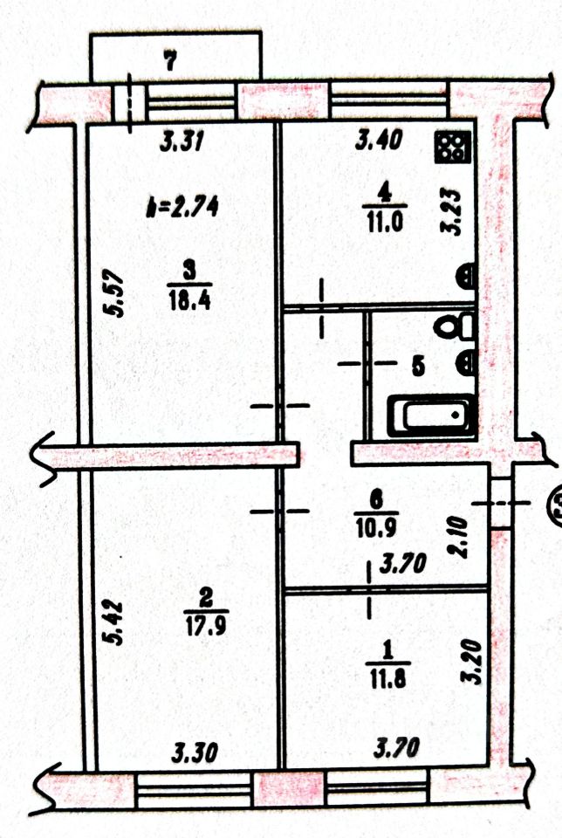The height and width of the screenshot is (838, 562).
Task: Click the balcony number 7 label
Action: click(x=170, y=62)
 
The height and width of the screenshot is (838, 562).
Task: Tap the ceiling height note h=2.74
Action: click(x=182, y=206)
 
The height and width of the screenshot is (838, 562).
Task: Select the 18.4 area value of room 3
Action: click(x=189, y=299)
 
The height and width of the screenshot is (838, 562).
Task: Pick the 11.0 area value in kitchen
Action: click(x=385, y=221)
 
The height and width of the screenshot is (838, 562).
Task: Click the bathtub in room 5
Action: click(x=433, y=416)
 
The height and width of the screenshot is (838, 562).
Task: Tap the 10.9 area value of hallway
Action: click(x=375, y=527)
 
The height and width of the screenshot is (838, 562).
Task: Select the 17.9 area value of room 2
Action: click(x=206, y=625)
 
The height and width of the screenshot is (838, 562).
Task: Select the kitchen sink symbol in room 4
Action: click(x=466, y=276)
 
